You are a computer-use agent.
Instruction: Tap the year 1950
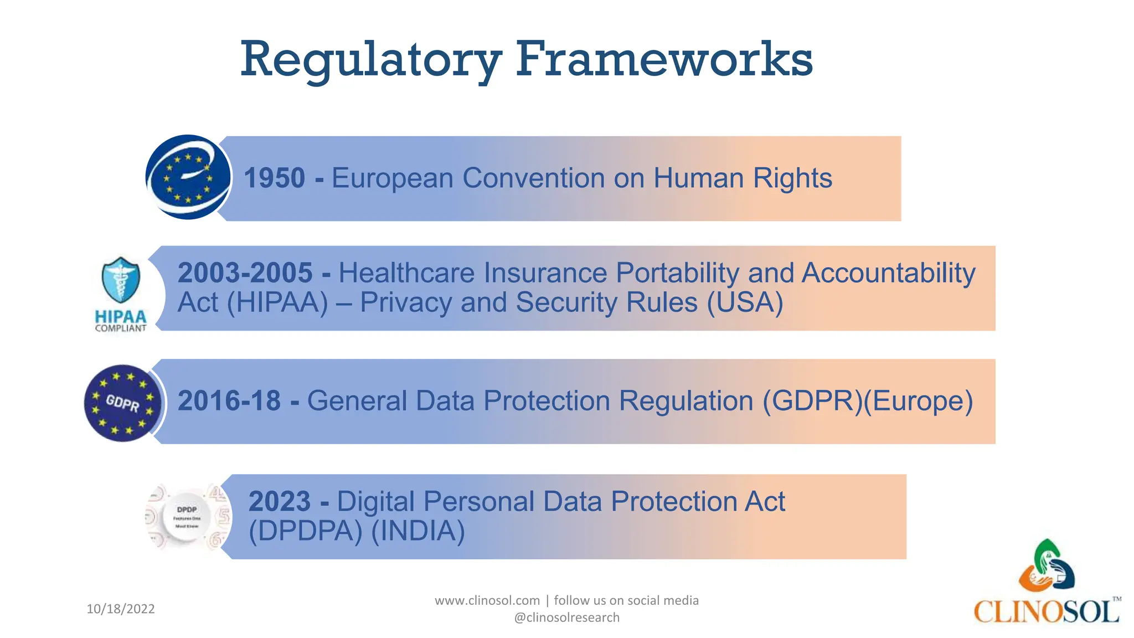click(275, 178)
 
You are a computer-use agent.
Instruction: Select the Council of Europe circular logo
click(188, 178)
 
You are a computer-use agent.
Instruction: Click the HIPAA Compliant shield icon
click(121, 280)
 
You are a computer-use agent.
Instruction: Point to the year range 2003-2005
click(245, 273)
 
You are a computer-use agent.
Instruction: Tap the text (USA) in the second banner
click(745, 302)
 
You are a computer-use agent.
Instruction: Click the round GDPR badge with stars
click(123, 403)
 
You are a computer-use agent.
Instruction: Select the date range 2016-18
click(229, 401)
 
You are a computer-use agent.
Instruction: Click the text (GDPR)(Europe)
click(867, 401)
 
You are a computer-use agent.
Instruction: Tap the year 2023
click(280, 502)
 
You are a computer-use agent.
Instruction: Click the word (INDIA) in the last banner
click(418, 531)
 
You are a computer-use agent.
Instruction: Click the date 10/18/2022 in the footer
click(121, 609)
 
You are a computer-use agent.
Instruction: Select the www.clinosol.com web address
click(487, 600)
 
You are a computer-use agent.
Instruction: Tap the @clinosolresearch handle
click(566, 618)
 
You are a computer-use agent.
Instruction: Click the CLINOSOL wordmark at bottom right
click(1047, 612)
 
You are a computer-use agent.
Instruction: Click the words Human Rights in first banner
click(743, 178)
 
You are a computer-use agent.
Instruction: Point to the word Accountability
click(888, 273)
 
